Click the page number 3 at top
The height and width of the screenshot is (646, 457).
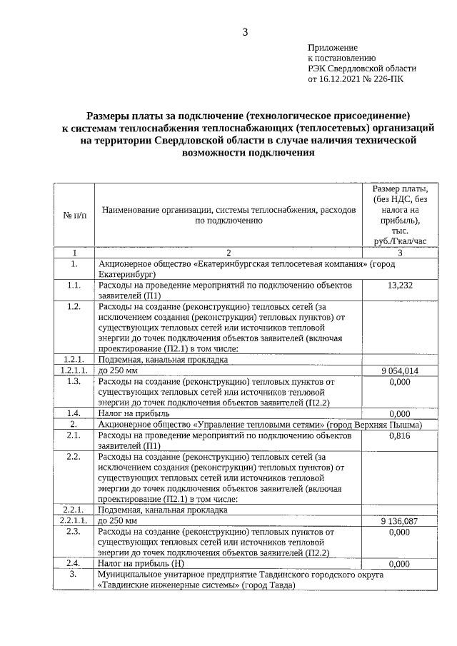coord(245,31)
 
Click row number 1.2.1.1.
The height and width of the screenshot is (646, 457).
coord(74,371)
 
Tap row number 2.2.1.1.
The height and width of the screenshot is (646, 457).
coord(74,521)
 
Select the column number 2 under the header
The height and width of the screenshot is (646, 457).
coord(228,253)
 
